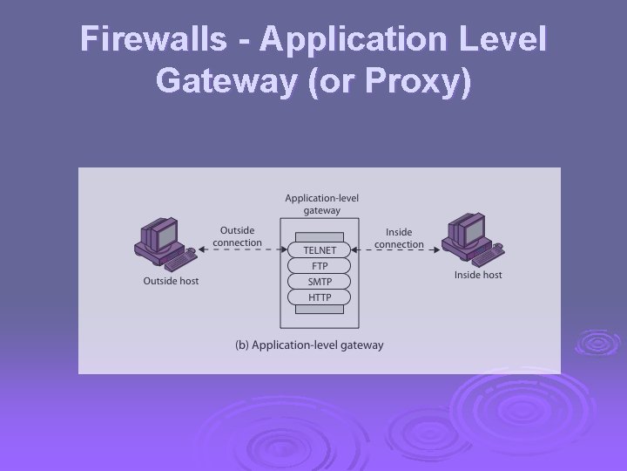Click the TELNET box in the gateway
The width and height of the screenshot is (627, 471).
click(320, 250)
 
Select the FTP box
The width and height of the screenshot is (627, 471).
click(320, 266)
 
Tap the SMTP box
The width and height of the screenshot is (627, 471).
click(320, 282)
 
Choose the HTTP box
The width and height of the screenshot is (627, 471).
click(320, 297)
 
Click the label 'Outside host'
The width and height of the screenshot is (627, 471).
click(171, 281)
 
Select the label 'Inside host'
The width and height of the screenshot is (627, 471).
click(478, 275)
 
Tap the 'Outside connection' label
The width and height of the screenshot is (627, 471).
click(237, 236)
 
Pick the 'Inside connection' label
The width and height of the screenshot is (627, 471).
click(400, 238)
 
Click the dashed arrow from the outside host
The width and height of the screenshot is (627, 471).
click(239, 250)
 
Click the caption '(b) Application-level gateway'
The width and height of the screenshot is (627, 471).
click(309, 345)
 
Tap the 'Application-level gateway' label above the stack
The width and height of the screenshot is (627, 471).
click(321, 204)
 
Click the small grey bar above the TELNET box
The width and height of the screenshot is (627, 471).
click(320, 236)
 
